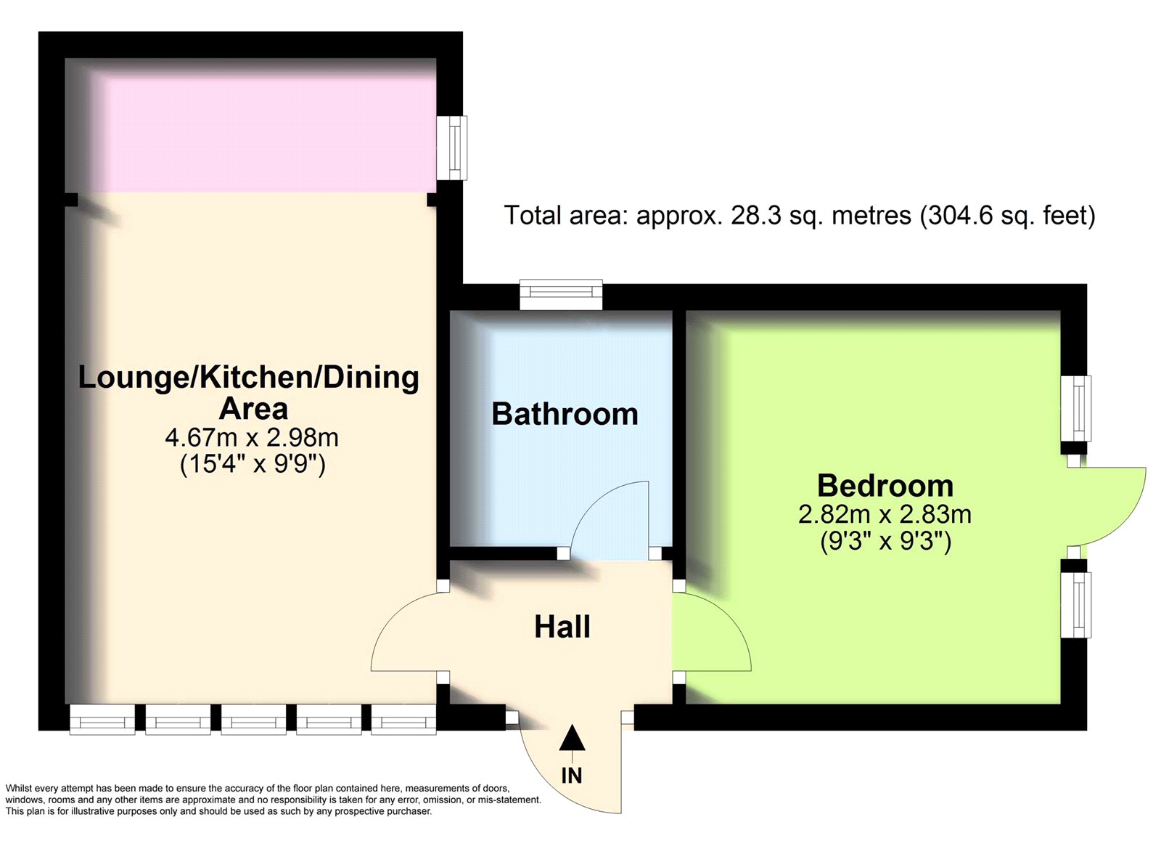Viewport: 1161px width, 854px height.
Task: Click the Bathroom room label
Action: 565,414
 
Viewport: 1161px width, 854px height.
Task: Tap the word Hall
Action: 562,627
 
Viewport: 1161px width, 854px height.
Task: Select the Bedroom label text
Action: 885,486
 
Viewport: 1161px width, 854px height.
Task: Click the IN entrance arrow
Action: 572,739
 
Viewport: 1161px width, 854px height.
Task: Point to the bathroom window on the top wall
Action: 562,294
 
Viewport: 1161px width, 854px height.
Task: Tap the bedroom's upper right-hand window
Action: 1075,409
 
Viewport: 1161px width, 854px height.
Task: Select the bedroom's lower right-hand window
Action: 1075,605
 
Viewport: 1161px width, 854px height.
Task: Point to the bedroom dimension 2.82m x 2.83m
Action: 885,515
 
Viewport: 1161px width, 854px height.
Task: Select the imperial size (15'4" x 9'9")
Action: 253,464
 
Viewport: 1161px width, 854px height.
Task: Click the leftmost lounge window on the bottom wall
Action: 102,719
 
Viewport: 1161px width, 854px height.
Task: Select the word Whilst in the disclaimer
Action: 18,789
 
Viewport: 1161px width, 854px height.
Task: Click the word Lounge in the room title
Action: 134,378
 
